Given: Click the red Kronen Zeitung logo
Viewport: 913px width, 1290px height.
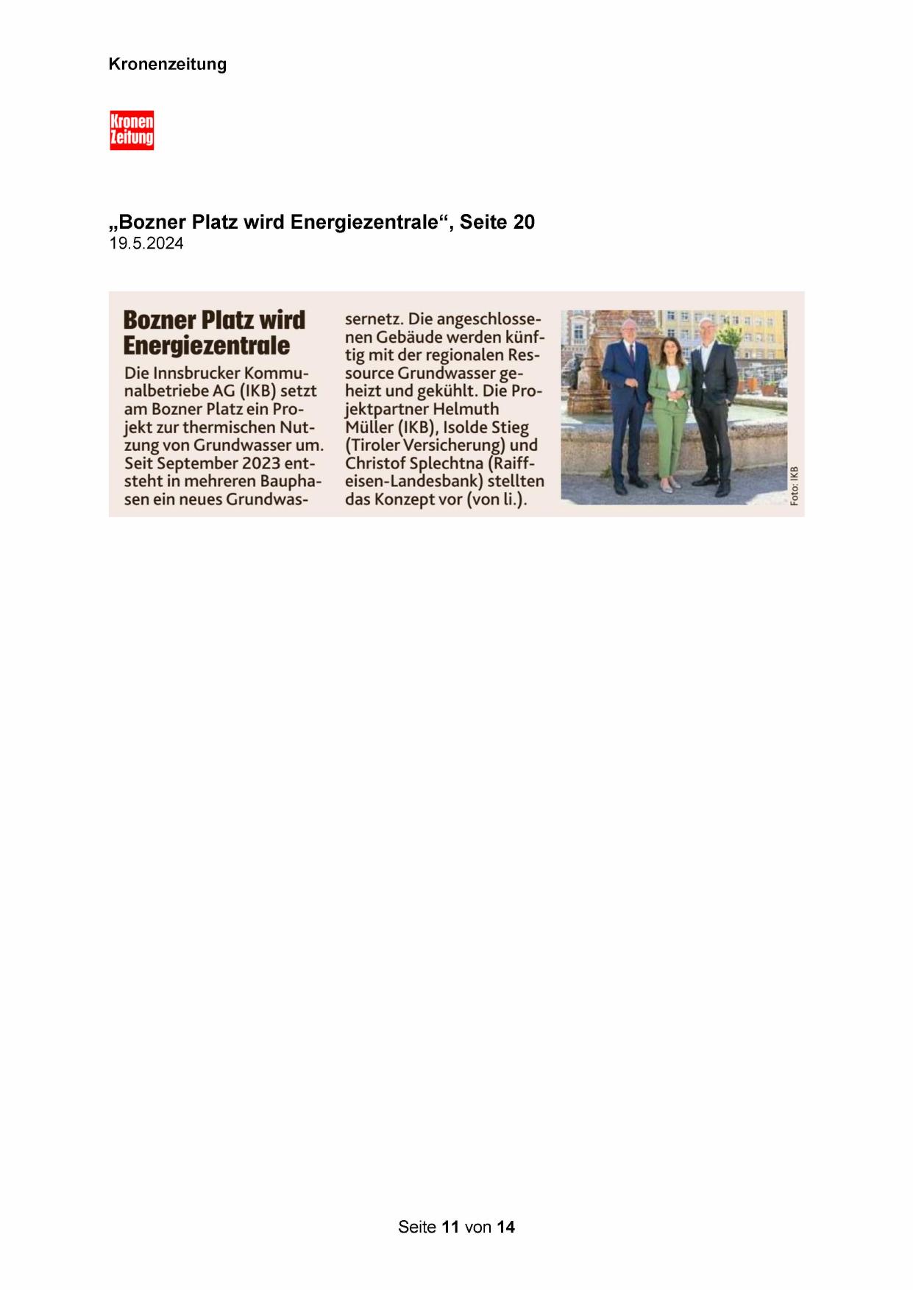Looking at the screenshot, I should coord(132,130).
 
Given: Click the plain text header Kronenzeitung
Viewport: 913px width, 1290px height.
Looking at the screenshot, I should coord(167,64).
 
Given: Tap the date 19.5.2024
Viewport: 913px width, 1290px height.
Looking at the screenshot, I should coord(146,244).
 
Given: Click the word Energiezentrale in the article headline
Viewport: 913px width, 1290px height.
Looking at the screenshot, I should coord(207,345).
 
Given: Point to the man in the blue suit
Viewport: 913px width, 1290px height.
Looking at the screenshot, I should coord(626,405).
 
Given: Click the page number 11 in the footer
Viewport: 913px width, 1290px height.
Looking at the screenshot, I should coord(451,1226).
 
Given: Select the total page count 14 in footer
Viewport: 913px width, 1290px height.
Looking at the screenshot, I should coord(505,1226).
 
